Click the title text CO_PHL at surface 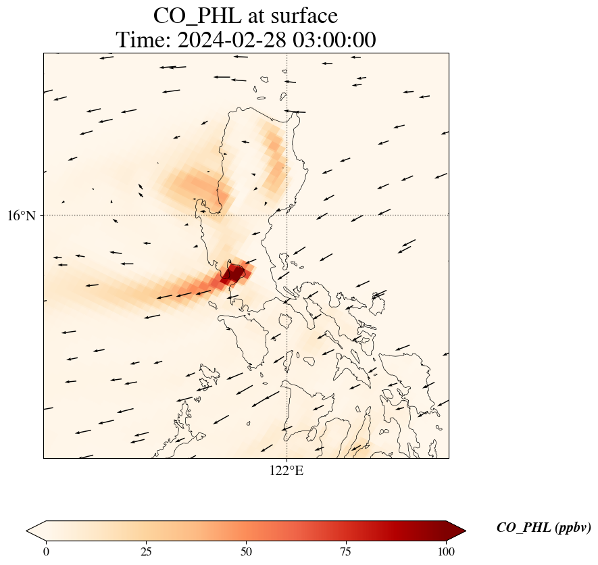245,15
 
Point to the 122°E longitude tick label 286,471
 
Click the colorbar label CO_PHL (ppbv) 543,528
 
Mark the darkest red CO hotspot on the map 234,274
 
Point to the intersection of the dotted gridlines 286,215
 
